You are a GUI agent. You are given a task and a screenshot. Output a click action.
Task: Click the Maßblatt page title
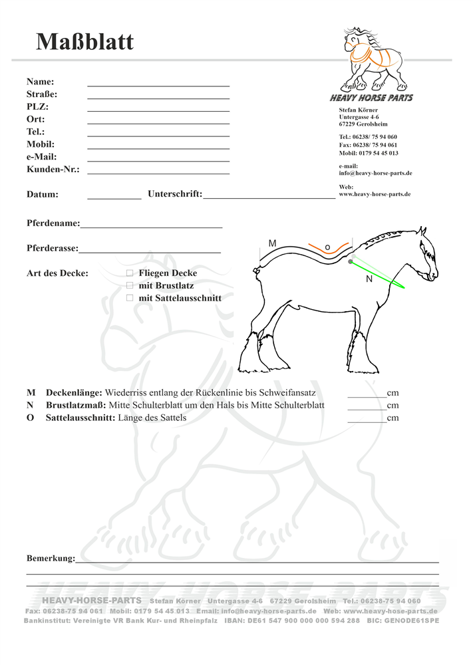(x=84, y=42)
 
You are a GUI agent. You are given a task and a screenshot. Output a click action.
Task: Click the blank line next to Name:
(x=158, y=85)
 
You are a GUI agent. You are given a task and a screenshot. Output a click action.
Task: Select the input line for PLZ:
(x=158, y=110)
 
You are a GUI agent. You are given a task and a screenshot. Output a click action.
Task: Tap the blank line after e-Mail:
(x=158, y=160)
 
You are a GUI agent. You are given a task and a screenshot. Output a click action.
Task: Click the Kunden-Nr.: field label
(x=53, y=170)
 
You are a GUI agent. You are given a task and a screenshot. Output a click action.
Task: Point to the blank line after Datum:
(x=114, y=198)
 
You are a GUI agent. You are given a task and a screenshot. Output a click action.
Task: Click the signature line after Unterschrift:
(x=269, y=198)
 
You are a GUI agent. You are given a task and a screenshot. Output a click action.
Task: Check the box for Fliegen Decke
(x=130, y=273)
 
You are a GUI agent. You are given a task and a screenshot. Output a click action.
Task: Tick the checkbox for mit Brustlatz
(x=130, y=285)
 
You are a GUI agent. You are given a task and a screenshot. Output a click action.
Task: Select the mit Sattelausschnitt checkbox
(x=130, y=298)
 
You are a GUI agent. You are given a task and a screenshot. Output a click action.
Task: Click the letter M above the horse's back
(x=272, y=244)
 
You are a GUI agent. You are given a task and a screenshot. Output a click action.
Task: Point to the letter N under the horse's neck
(x=369, y=280)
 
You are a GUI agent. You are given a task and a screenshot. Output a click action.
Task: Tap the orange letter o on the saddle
(x=327, y=247)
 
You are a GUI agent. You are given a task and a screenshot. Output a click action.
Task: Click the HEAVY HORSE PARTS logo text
(x=371, y=98)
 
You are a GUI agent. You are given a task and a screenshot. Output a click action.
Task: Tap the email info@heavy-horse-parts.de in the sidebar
(x=375, y=173)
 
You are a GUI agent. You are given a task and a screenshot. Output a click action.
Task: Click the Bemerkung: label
(x=51, y=559)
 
